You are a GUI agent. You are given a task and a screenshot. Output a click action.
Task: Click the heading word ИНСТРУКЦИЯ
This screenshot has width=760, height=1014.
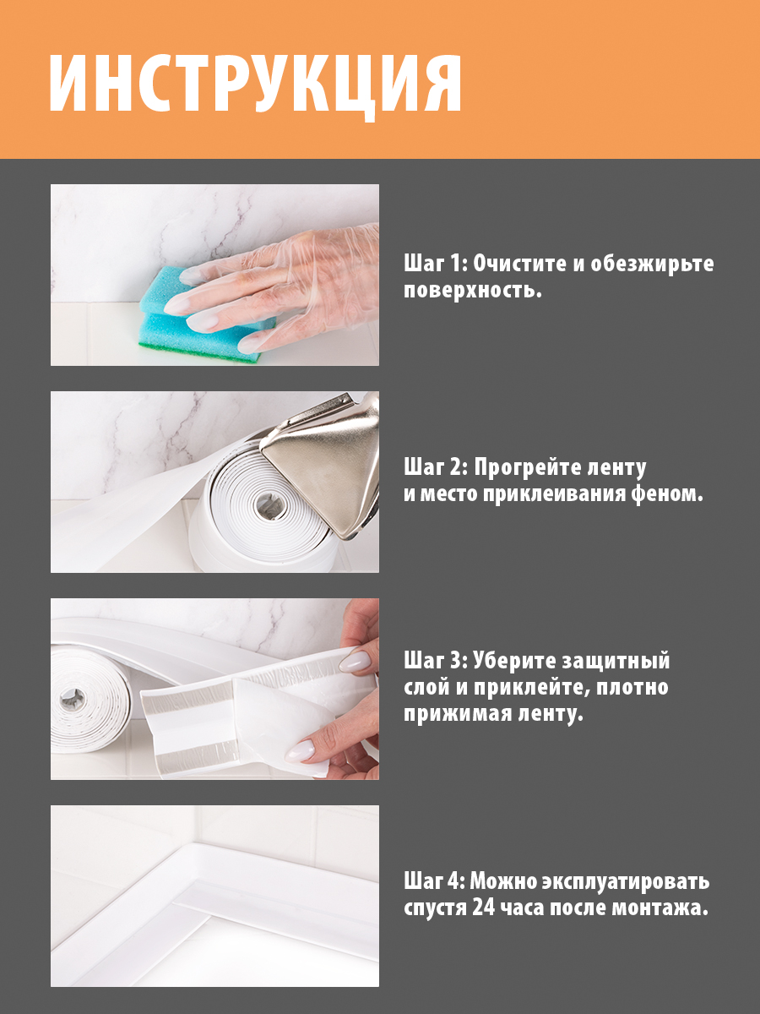(x=255, y=84)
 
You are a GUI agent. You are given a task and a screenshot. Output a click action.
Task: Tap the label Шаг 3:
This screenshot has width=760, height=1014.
(x=436, y=661)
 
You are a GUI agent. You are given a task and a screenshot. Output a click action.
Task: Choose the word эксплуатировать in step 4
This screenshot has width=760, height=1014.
(x=625, y=881)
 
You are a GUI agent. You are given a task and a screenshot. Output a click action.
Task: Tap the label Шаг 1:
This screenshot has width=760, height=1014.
(x=436, y=264)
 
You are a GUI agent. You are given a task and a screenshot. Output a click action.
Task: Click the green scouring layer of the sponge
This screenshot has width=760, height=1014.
(x=198, y=350)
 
